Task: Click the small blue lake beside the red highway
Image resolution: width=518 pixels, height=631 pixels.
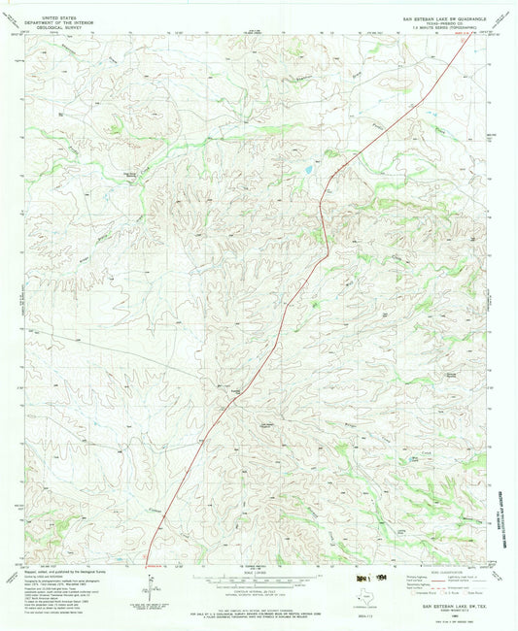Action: (x=307, y=171)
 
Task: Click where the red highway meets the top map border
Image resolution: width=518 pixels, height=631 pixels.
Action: (x=459, y=39)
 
